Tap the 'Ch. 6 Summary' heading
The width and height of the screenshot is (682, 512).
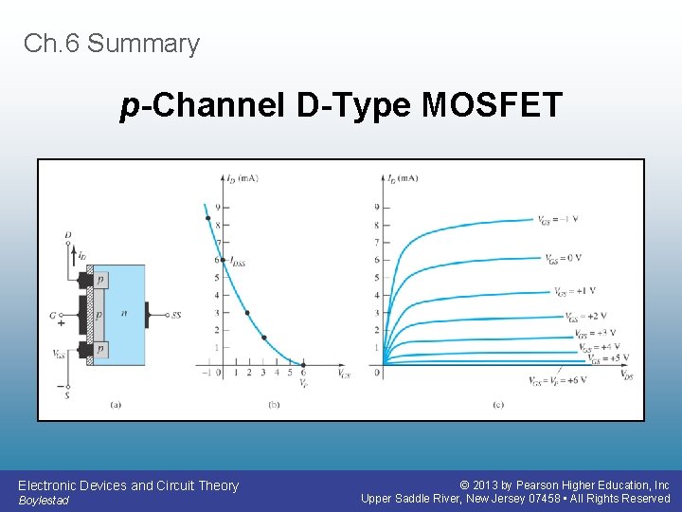[x=112, y=44]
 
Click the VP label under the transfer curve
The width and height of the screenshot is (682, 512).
[x=303, y=382]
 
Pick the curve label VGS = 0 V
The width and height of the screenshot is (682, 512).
[x=563, y=258]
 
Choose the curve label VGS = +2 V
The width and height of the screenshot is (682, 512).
[x=585, y=317]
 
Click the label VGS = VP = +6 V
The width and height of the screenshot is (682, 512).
[x=558, y=380]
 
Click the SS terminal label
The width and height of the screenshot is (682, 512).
[x=176, y=315]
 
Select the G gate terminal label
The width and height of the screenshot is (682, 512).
[x=53, y=315]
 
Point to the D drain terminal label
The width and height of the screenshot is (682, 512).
[x=67, y=234]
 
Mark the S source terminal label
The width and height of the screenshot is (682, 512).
[x=67, y=395]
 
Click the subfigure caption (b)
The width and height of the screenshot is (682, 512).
[x=274, y=405]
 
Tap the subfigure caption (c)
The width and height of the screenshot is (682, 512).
[x=497, y=405]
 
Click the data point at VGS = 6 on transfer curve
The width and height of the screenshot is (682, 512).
[x=303, y=364]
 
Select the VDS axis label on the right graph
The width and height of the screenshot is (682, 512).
[x=626, y=375]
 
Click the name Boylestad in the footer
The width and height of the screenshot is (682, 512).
[x=44, y=501]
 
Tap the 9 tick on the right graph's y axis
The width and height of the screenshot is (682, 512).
[x=377, y=207]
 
